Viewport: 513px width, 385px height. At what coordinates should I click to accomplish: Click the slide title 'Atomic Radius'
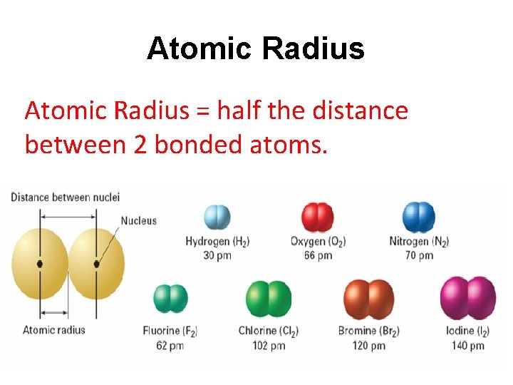pos(255,49)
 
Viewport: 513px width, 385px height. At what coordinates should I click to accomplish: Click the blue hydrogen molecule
pos(217,217)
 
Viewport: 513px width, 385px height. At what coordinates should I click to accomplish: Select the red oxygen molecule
pos(318,217)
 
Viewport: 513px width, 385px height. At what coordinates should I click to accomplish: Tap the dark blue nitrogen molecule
pos(419,217)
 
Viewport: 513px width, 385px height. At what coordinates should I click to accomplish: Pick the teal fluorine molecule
pos(170,299)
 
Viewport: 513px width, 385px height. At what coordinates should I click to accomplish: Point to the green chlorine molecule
pos(269,299)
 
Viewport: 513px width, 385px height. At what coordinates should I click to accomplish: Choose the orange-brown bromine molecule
pos(369,299)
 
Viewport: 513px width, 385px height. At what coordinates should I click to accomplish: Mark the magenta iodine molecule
pos(467,299)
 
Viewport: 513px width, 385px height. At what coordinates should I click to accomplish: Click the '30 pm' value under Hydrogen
pos(217,255)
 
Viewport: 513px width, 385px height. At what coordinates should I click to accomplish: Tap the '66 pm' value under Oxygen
pos(318,255)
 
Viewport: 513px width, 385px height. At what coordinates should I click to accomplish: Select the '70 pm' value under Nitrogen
pos(419,255)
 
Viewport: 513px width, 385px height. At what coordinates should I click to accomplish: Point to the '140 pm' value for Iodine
pos(467,345)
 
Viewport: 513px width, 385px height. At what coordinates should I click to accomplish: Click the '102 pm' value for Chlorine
pos(269,345)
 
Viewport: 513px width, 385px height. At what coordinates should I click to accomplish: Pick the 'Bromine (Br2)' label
pos(369,331)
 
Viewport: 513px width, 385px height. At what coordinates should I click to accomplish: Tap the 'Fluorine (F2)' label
pos(170,331)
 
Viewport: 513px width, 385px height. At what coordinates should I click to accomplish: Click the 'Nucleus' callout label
pos(138,221)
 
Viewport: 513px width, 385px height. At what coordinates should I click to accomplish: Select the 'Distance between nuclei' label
pos(65,197)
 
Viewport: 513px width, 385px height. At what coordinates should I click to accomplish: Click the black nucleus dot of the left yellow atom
pos(40,264)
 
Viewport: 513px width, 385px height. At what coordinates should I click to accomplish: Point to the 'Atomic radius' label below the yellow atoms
pos(54,329)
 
